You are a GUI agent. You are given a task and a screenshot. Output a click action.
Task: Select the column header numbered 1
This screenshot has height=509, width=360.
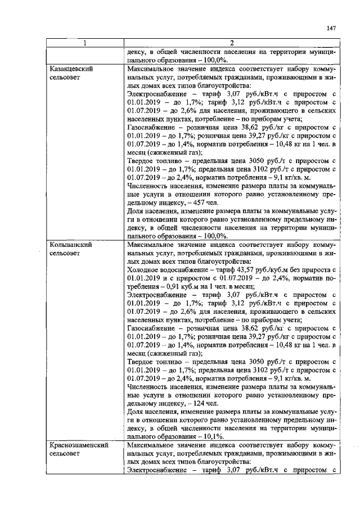[x=85, y=43]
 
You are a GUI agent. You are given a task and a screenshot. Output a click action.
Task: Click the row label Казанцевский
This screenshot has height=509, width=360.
[x=71, y=69]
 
